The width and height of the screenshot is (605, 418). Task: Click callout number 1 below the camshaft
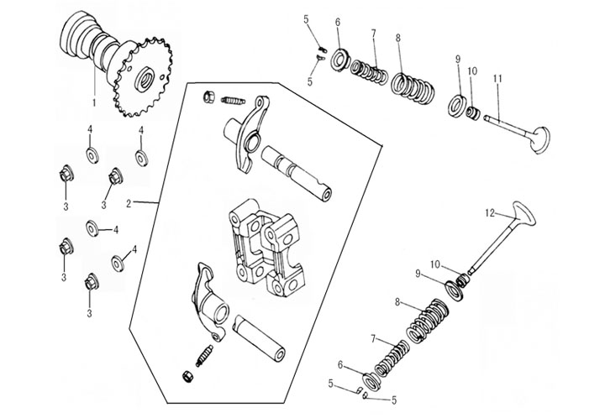(x=94, y=102)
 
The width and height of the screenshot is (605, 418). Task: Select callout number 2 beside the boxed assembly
(x=129, y=203)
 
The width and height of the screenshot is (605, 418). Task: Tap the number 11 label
(x=497, y=79)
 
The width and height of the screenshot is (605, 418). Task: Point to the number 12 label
(x=490, y=213)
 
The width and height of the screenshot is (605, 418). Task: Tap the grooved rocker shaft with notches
(x=297, y=174)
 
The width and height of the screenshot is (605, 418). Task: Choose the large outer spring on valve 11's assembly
(x=414, y=86)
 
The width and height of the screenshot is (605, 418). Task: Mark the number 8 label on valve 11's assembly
(x=398, y=38)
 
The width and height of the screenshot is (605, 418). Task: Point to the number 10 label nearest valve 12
(x=435, y=264)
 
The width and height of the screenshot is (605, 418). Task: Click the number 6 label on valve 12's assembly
(x=340, y=364)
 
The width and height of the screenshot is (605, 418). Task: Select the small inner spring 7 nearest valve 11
(x=369, y=71)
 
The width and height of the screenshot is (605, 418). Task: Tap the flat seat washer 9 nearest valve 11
(x=458, y=104)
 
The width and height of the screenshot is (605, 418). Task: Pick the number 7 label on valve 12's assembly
(x=373, y=339)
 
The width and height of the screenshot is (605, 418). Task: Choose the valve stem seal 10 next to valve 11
(x=473, y=112)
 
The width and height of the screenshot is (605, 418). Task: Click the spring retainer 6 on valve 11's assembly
(x=340, y=60)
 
